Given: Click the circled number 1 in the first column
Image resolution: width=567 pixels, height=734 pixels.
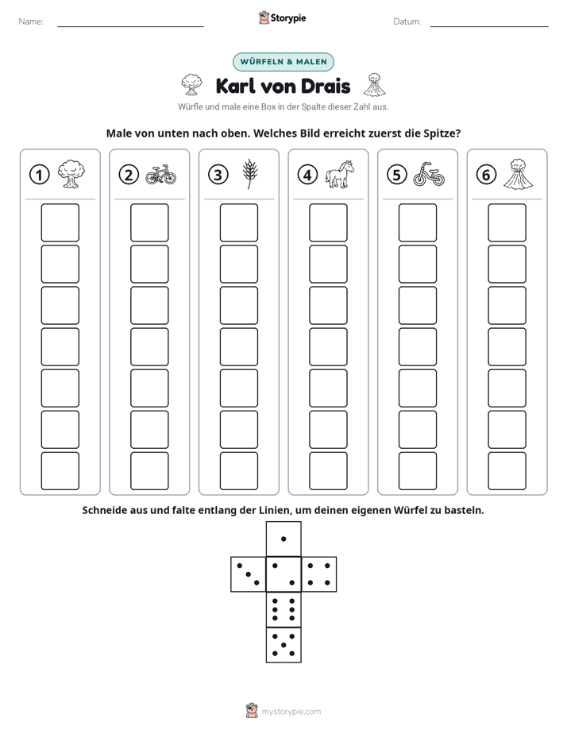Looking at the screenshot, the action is (39, 175).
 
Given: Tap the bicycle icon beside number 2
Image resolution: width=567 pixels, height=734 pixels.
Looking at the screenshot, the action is (161, 174).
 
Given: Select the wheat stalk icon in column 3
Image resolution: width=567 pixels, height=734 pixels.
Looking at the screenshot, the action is (250, 174).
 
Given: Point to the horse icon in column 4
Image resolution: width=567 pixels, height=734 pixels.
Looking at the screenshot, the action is (340, 174).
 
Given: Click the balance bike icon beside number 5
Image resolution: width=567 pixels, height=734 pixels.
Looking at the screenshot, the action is (429, 174).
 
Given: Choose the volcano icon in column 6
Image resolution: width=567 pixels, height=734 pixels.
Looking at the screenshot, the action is (518, 174).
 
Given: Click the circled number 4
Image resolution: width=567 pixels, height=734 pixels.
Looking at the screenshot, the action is (307, 175).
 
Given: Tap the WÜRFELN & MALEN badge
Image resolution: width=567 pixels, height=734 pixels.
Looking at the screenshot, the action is (283, 62).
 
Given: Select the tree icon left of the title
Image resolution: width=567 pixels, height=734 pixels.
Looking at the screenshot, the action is (191, 84).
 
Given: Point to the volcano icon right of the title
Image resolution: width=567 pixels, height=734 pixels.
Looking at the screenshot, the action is (375, 85).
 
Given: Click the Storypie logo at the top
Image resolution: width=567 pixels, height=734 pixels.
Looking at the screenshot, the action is (283, 18).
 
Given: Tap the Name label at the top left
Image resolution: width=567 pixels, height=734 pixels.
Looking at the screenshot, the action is (31, 21).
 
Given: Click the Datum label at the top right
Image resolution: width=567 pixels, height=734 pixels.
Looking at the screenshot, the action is (407, 21).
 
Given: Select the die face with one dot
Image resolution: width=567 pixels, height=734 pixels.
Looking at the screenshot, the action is (283, 539).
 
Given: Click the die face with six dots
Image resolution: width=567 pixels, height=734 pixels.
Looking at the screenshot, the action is (283, 609).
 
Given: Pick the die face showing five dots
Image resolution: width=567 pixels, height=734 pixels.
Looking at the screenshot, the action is (283, 645).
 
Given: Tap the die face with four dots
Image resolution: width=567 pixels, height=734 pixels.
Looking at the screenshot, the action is (319, 574).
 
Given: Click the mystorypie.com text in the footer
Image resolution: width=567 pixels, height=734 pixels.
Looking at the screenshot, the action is (291, 712).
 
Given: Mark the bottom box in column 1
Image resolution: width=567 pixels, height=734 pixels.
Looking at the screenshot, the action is (60, 471).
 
